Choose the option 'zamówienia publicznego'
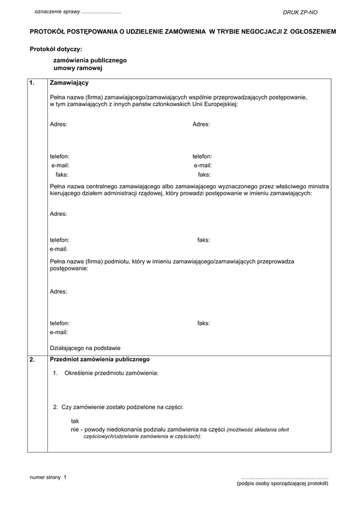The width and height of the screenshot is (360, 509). click(x=90, y=61)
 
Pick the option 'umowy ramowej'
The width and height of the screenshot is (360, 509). click(x=74, y=69)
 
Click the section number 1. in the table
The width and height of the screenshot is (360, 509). click(x=32, y=83)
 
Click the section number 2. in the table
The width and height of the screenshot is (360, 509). click(x=32, y=359)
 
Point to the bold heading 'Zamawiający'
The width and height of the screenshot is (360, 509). click(x=70, y=83)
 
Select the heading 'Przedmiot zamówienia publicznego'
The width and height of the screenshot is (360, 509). click(x=100, y=359)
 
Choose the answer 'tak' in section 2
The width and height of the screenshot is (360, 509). click(x=75, y=421)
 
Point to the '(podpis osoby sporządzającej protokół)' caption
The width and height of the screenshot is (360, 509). click(x=283, y=483)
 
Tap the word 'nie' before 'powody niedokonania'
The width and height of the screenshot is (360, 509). click(x=75, y=430)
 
